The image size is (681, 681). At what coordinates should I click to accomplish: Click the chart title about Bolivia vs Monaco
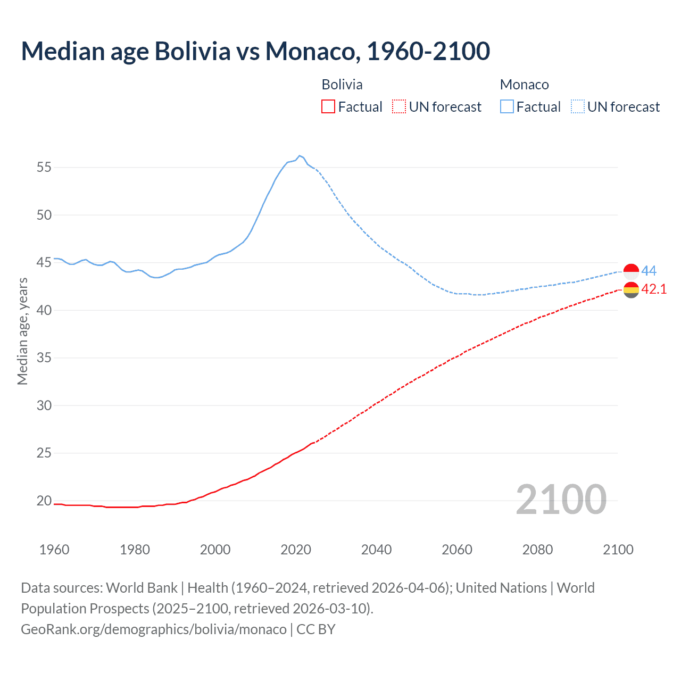[x=255, y=51]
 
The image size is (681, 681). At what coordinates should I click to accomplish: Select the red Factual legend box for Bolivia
[x=328, y=107]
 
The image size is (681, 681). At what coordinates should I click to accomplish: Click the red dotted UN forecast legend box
[x=399, y=107]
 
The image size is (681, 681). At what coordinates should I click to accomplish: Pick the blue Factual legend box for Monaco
[x=507, y=107]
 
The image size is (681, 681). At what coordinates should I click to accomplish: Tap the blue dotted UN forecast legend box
[x=577, y=107]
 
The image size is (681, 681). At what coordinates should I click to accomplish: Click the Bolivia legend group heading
[x=342, y=85]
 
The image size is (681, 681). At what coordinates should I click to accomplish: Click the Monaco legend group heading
[x=524, y=85]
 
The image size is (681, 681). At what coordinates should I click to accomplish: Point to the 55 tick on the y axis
[x=44, y=168]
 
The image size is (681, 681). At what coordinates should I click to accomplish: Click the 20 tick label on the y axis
[x=44, y=501]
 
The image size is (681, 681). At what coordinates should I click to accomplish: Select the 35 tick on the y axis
[x=44, y=358]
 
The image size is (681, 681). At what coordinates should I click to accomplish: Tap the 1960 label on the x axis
[x=54, y=550]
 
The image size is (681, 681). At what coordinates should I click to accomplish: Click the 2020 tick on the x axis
[x=296, y=550]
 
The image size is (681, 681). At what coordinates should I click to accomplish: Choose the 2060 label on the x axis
[x=457, y=550]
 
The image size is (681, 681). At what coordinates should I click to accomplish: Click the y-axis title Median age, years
[x=22, y=331]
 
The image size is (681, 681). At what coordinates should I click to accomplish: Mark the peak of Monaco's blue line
[x=300, y=155]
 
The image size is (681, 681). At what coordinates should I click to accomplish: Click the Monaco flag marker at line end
[x=631, y=271]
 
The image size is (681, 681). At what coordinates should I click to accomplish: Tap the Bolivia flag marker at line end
[x=631, y=290]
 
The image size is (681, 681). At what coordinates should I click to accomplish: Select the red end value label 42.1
[x=654, y=289]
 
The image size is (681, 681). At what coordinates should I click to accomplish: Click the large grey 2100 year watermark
[x=561, y=499]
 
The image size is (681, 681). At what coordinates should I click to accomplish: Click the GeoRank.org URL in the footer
[x=154, y=629]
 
